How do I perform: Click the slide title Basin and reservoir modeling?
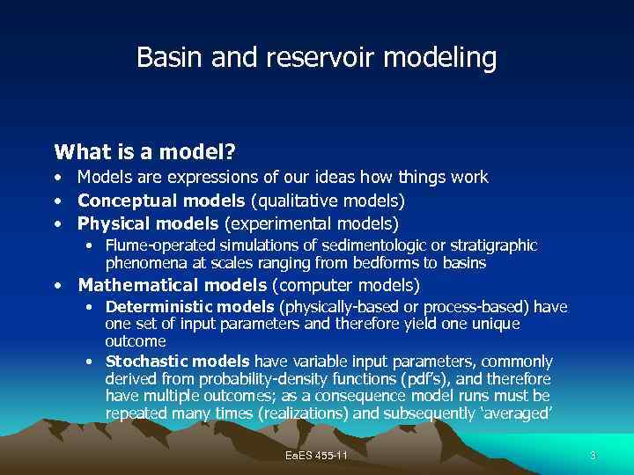pyautogui.click(x=316, y=58)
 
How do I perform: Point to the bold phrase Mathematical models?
pyautogui.click(x=173, y=285)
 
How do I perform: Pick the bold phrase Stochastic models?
pyautogui.click(x=177, y=362)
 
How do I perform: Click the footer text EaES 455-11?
pyautogui.click(x=316, y=455)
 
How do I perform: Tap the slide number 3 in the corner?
pyautogui.click(x=593, y=455)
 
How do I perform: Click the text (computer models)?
pyautogui.click(x=346, y=285)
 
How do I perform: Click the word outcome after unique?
pyautogui.click(x=136, y=340)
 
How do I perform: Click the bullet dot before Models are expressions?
pyautogui.click(x=57, y=178)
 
